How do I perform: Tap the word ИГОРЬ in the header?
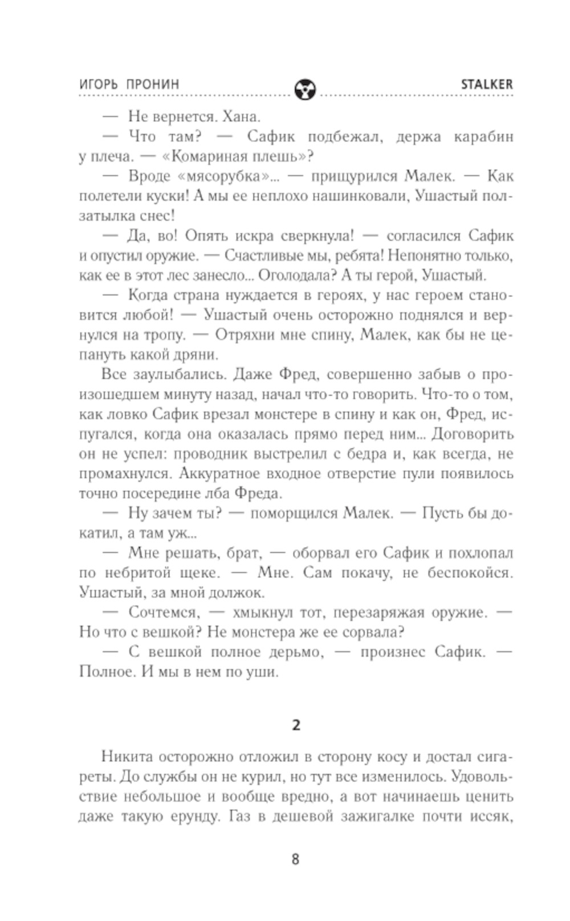[x=99, y=84]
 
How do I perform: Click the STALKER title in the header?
[x=486, y=84]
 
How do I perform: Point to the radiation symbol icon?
[x=305, y=89]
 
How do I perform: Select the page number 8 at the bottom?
[x=295, y=859]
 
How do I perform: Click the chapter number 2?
[x=295, y=725]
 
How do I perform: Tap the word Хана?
[x=241, y=117]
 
